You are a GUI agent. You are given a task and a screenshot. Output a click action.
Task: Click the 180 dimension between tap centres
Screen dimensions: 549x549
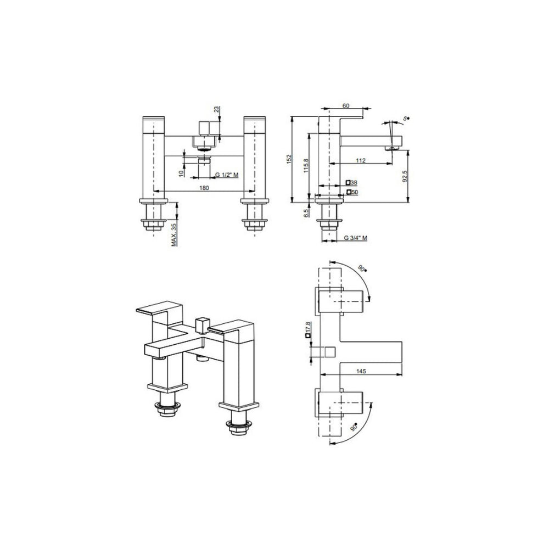click(x=204, y=188)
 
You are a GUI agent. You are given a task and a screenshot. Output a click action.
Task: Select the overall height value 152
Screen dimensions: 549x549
click(x=289, y=159)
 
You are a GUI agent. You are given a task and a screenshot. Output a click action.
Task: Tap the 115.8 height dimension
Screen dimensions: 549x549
click(x=306, y=166)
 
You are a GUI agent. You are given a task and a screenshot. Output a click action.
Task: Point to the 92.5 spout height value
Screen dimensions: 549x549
click(x=405, y=176)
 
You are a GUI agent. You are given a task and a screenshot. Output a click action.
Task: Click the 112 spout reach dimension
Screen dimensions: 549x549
click(x=361, y=160)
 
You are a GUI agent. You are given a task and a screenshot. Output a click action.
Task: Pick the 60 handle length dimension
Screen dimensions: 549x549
click(x=345, y=106)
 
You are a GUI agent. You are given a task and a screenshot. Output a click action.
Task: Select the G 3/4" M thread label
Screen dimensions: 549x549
click(x=355, y=238)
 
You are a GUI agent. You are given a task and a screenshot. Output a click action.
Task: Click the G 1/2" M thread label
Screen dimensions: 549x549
click(x=227, y=175)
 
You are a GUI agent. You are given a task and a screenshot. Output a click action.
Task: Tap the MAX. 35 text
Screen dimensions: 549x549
click(x=175, y=234)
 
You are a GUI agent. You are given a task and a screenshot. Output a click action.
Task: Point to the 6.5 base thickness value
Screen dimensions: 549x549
click(x=306, y=213)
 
